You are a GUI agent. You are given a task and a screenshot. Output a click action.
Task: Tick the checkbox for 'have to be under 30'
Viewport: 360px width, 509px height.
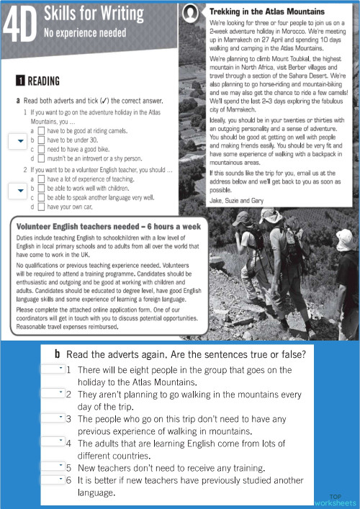(40, 140)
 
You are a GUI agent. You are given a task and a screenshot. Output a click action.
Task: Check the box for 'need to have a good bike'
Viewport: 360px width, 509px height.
(40, 148)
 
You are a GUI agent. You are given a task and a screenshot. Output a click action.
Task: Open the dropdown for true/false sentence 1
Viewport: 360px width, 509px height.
(57, 369)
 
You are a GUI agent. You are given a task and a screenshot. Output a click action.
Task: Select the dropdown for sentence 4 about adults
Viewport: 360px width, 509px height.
(57, 441)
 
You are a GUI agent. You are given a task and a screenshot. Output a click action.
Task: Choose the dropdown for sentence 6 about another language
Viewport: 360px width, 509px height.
(57, 479)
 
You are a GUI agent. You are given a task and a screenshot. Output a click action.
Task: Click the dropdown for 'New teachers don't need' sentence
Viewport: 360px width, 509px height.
(57, 467)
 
